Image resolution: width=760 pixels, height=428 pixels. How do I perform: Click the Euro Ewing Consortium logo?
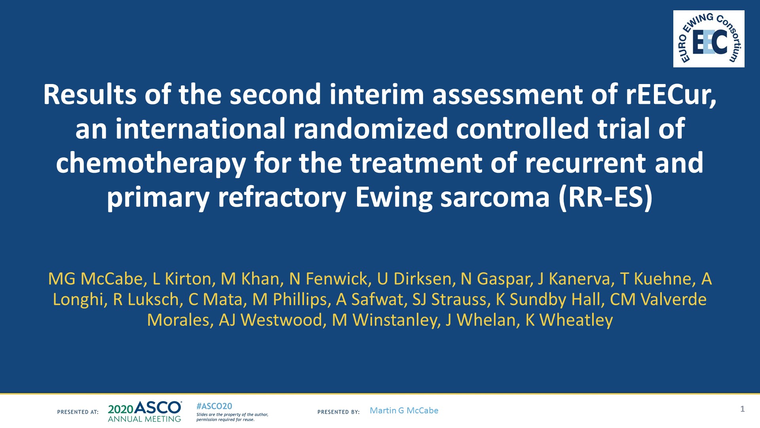point(709,39)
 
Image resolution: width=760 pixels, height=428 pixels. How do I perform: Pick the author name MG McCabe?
point(95,279)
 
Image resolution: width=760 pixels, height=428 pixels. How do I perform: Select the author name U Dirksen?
point(414,279)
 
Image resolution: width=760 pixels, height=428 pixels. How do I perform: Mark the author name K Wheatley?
point(569,321)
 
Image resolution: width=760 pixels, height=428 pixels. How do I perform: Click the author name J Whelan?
point(481,320)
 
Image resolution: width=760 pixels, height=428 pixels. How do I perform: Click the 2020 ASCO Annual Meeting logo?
point(145,412)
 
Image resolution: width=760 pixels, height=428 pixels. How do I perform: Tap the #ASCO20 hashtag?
point(214,406)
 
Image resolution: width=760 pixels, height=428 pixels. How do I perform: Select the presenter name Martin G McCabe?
point(404,411)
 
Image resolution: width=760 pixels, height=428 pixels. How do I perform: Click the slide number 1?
point(743,409)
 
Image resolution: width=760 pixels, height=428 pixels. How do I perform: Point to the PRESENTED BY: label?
point(338,412)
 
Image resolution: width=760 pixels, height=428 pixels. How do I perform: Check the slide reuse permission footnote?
point(232,417)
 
